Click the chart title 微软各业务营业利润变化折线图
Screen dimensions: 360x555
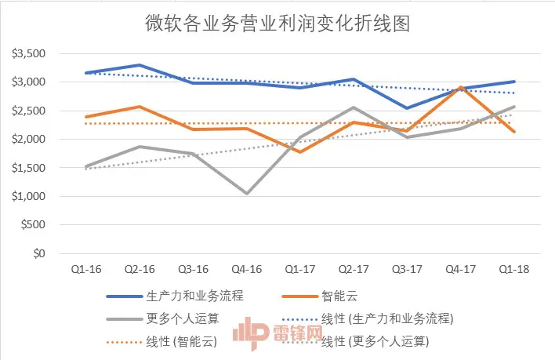[x=278, y=24]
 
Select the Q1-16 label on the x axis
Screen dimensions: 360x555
[x=85, y=270]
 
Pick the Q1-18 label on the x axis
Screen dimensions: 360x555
[x=514, y=270]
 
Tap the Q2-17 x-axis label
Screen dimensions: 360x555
[x=353, y=270]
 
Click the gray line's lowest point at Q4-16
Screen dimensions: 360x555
[x=248, y=193]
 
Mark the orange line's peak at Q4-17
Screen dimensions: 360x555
[x=462, y=88]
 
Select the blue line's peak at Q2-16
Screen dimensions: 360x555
[x=139, y=65]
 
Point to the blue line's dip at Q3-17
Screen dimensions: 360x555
[x=408, y=108]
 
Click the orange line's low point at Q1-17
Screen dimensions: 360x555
[x=300, y=152]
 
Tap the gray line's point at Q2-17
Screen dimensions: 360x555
[x=354, y=107]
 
